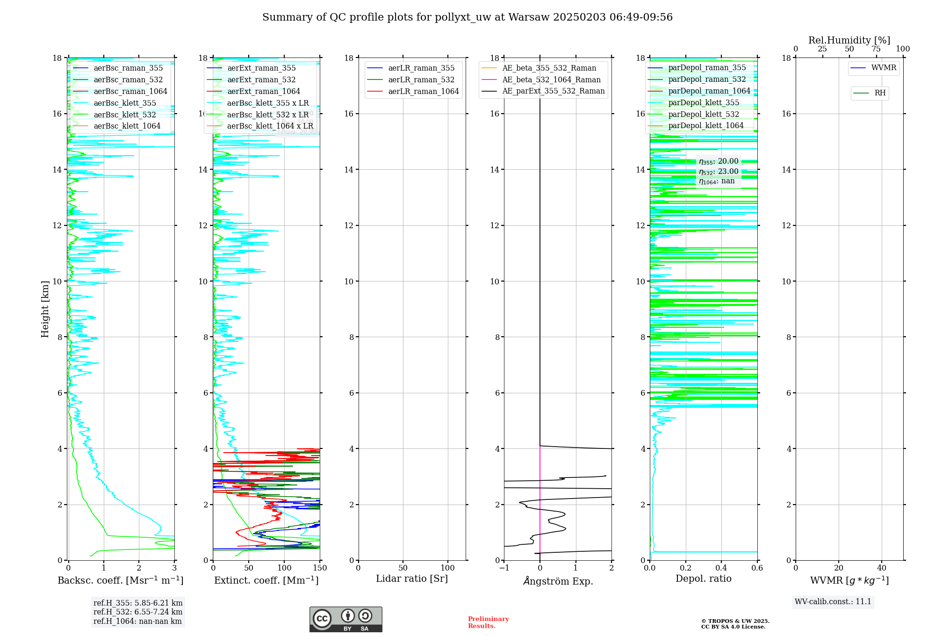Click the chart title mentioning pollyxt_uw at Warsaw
pos(467,17)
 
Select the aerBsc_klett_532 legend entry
pos(124,115)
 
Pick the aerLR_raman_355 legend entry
pos(421,68)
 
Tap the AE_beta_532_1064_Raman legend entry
pos(551,79)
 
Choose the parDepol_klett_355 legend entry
pos(703,102)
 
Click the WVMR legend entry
pos(883,68)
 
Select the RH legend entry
pos(879,93)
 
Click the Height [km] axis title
pos(45,309)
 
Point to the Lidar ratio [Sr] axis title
pos(412,578)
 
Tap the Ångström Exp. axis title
pos(558,581)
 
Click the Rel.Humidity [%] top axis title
pos(849,40)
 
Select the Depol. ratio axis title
pos(703,578)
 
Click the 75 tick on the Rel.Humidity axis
pos(876,49)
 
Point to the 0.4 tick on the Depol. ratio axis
pos(721,568)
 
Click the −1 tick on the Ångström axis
pos(504,568)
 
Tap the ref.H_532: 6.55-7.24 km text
pos(137,612)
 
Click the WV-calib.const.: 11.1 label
pos(833,601)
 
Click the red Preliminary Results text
pos(488,622)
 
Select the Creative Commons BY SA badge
pos(345,619)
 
